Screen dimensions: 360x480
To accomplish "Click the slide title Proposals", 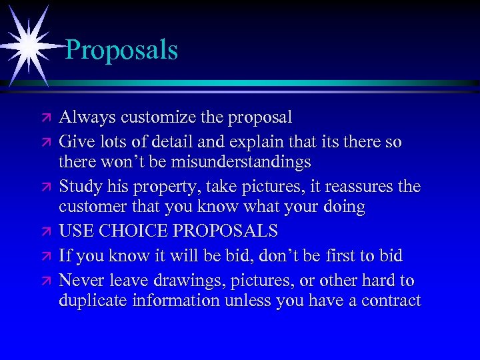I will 122,50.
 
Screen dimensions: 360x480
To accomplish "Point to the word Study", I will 79,186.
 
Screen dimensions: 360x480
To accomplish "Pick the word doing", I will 342,207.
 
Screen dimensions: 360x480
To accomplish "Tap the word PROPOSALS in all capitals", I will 231,231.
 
